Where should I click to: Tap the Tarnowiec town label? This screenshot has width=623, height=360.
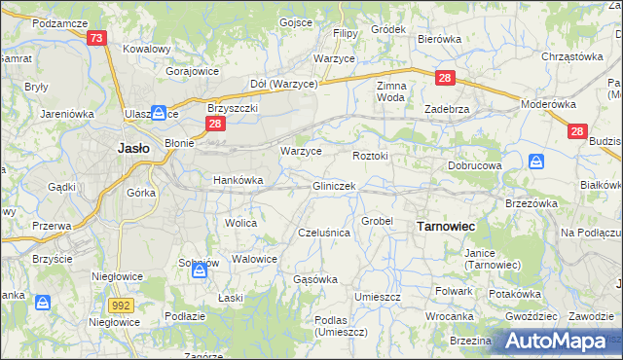445,226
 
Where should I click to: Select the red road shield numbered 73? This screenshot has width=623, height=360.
95,39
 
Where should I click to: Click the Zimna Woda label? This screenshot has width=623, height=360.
390,91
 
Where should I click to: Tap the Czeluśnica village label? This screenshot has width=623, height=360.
323,234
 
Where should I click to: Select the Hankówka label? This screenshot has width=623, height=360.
238,180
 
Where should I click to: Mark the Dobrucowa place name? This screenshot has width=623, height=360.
474,166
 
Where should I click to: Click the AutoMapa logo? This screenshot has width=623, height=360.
557,342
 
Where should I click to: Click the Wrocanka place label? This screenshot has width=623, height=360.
449,317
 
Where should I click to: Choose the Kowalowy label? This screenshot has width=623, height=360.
147,48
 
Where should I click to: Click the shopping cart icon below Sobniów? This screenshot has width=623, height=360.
200,271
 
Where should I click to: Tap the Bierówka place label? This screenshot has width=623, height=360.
438,39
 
